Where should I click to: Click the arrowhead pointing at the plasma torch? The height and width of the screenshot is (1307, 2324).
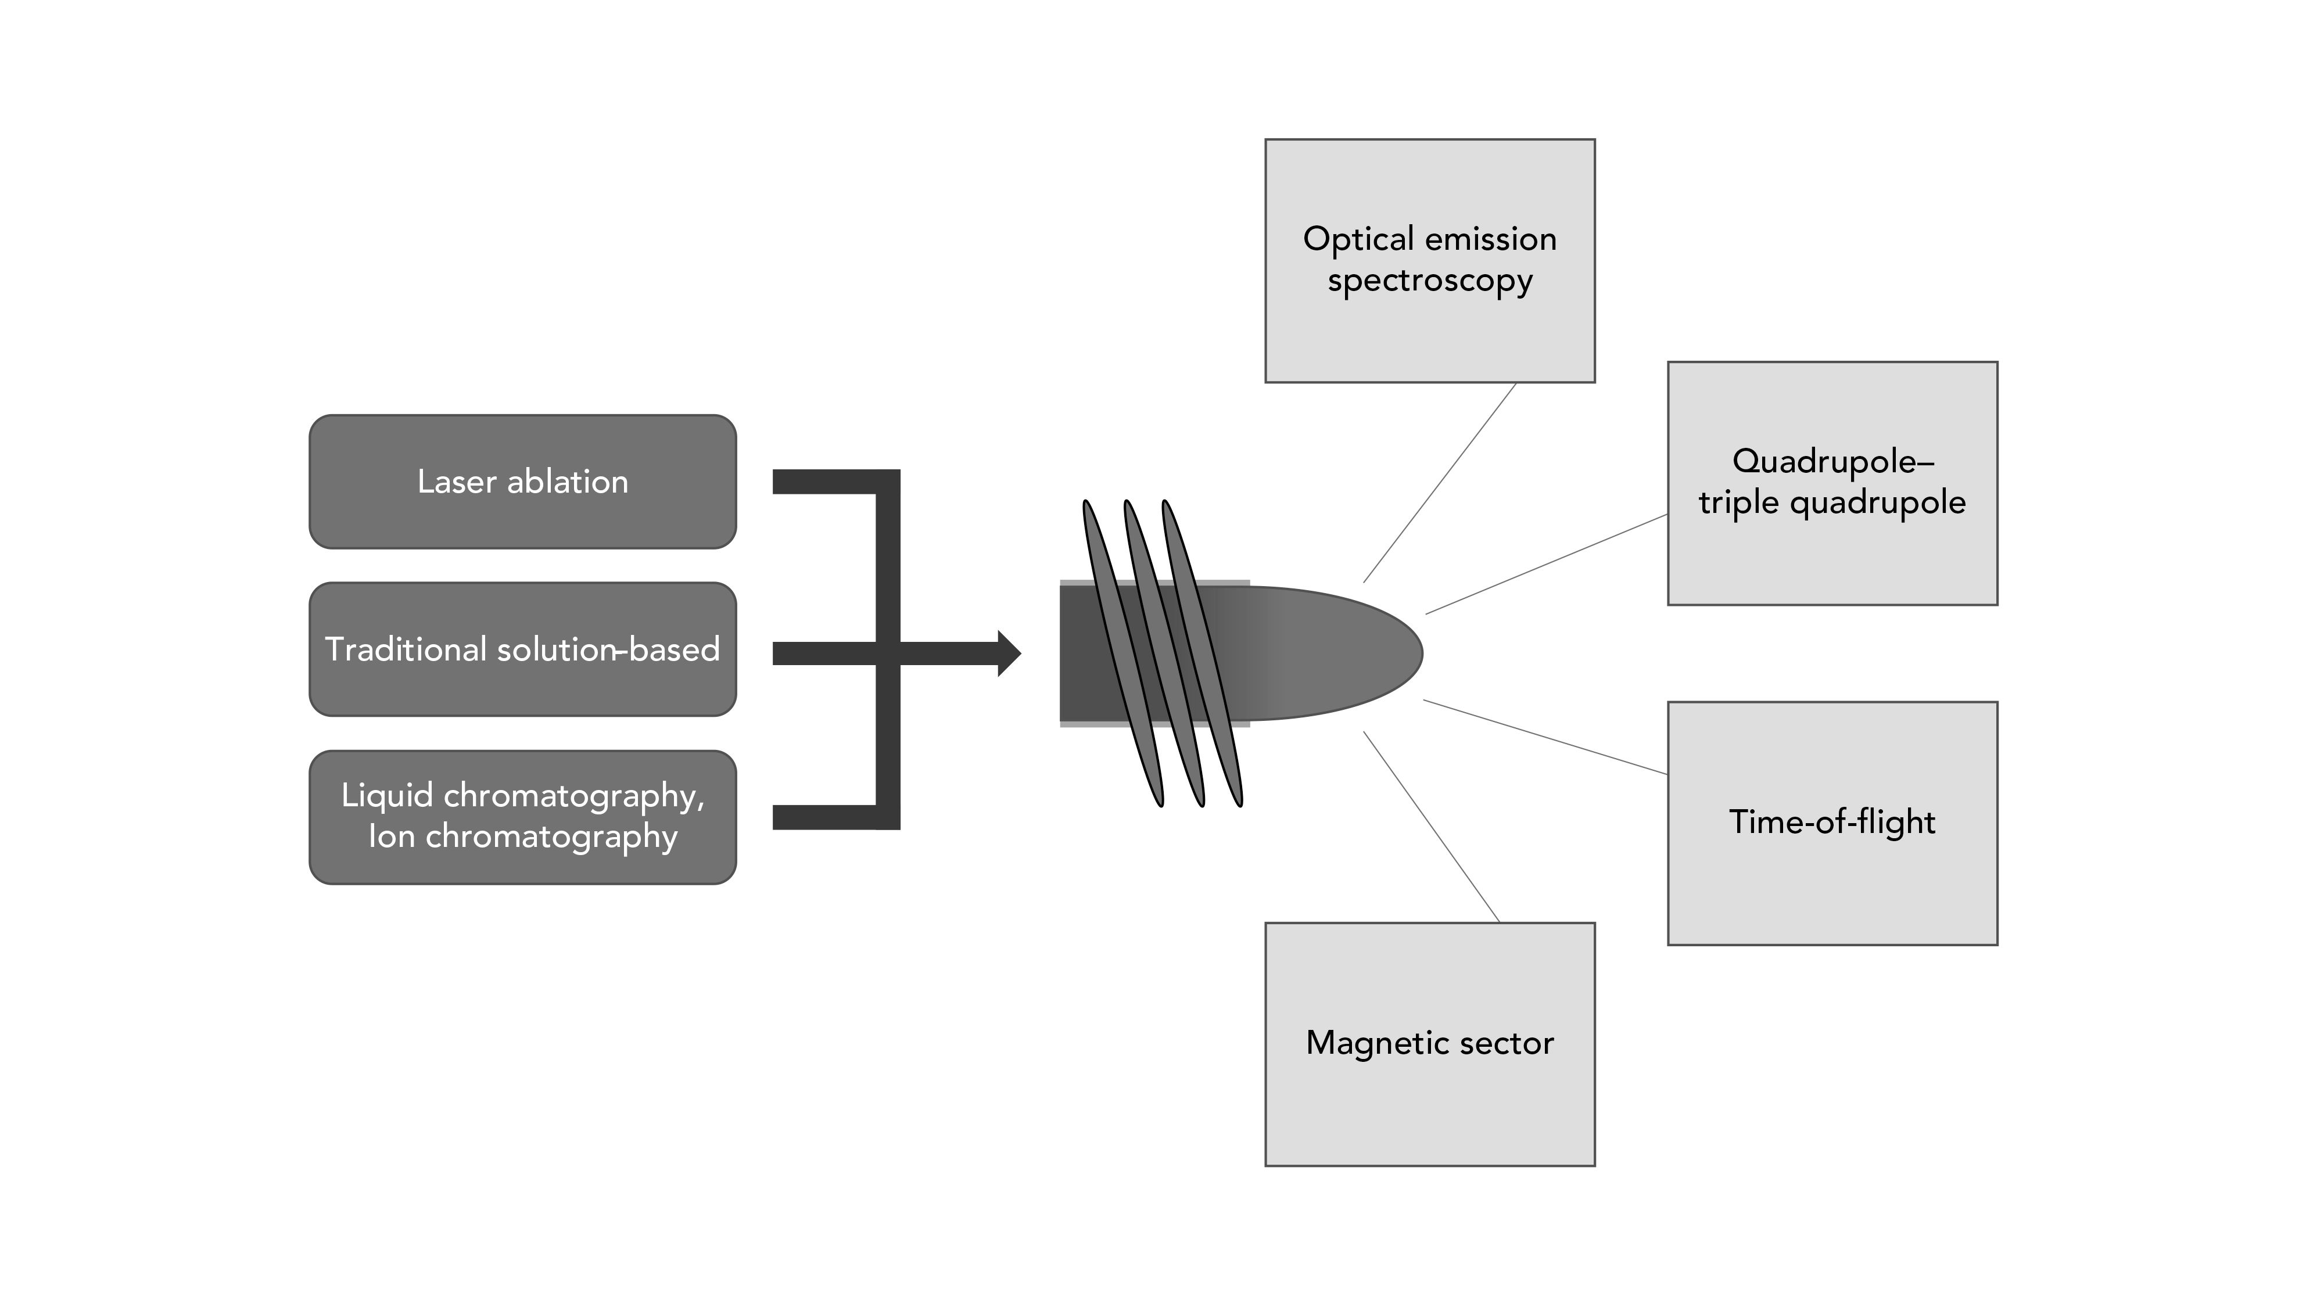tap(1009, 653)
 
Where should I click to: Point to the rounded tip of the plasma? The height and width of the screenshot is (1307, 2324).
tap(1407, 653)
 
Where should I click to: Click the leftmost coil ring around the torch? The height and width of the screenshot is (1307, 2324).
tap(1122, 653)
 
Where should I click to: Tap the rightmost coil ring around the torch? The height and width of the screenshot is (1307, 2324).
tap(1203, 653)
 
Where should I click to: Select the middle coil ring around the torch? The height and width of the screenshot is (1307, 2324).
tap(1163, 653)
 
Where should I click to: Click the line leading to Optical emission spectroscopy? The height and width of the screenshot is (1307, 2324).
tap(1440, 483)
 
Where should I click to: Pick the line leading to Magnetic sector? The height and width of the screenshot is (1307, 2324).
tap(1432, 827)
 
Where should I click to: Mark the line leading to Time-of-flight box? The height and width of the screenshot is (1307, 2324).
tap(1545, 737)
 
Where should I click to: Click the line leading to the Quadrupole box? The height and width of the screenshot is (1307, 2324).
tap(1546, 565)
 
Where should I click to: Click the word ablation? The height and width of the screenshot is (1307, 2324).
tap(568, 482)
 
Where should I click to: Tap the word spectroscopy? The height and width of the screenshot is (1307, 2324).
tap(1430, 281)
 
